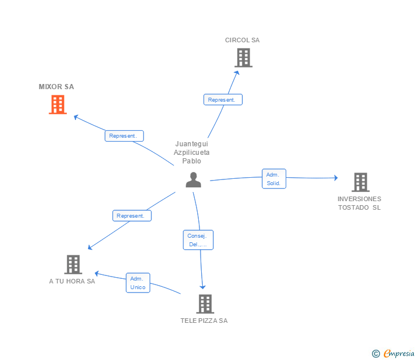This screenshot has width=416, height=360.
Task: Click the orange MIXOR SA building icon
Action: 58,105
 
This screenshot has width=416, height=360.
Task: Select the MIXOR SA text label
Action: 56,87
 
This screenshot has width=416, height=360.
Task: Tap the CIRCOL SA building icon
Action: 243,58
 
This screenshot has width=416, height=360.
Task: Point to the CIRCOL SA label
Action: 242,40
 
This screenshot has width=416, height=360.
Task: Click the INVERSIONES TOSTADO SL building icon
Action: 360,182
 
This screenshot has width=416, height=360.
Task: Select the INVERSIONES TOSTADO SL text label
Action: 359,203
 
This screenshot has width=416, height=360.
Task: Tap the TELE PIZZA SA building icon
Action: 205,304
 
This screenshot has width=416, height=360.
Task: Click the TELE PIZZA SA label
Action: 204,321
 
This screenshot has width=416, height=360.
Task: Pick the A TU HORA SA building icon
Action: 73,265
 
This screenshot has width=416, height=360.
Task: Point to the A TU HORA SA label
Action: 72,281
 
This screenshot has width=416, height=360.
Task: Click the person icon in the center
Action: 194,180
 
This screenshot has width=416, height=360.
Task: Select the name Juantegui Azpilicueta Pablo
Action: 192,153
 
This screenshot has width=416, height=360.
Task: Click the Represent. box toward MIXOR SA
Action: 124,136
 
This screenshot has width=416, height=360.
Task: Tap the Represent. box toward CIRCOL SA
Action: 223,99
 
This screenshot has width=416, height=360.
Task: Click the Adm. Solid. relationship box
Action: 274,179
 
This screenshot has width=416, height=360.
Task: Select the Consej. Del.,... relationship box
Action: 198,240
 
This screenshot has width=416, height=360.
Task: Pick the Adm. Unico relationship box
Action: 138,283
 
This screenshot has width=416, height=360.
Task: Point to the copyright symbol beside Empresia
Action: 376,354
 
